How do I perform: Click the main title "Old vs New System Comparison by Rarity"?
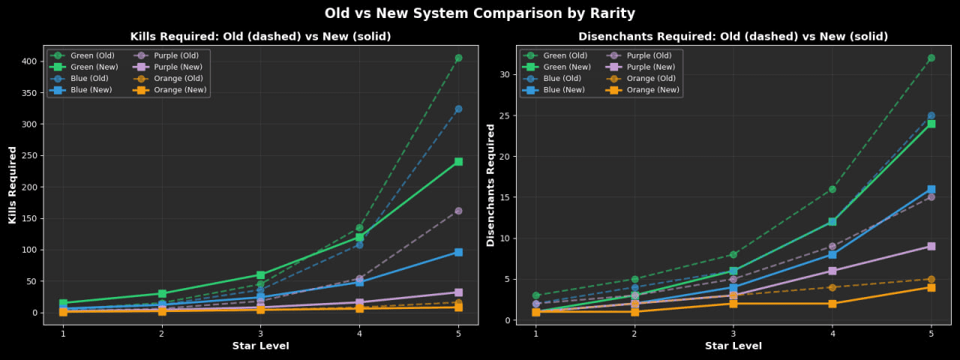(480, 13)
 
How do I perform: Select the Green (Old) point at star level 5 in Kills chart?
(458, 58)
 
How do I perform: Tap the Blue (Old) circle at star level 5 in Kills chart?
(458, 109)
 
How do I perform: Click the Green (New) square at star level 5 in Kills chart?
(458, 161)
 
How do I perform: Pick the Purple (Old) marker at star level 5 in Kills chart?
(458, 211)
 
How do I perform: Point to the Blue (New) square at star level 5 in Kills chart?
(458, 252)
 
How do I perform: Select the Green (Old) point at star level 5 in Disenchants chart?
(931, 58)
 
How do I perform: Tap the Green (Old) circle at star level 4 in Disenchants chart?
(832, 189)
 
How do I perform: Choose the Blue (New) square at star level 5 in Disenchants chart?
(931, 189)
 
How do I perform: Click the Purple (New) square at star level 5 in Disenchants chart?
(931, 246)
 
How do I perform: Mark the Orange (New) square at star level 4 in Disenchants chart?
(832, 304)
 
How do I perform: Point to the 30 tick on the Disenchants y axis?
(505, 74)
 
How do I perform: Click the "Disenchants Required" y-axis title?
(491, 185)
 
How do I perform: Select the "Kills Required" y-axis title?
(13, 185)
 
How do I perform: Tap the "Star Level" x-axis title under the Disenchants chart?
(733, 346)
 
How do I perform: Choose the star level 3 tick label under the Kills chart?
(260, 333)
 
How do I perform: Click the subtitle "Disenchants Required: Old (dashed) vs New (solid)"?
(733, 37)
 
